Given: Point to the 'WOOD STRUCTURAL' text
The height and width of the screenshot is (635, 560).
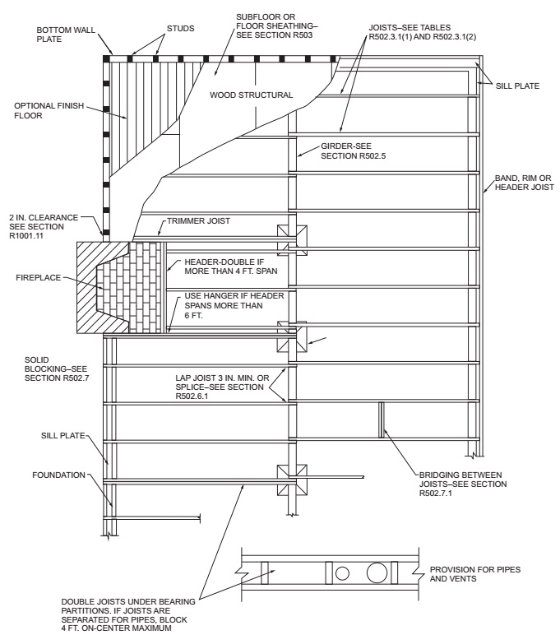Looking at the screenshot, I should coord(252,95).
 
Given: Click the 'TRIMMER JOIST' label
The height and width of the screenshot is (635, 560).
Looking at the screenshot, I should coord(197,220).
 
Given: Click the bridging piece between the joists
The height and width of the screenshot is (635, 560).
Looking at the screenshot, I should coord(381,419).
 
